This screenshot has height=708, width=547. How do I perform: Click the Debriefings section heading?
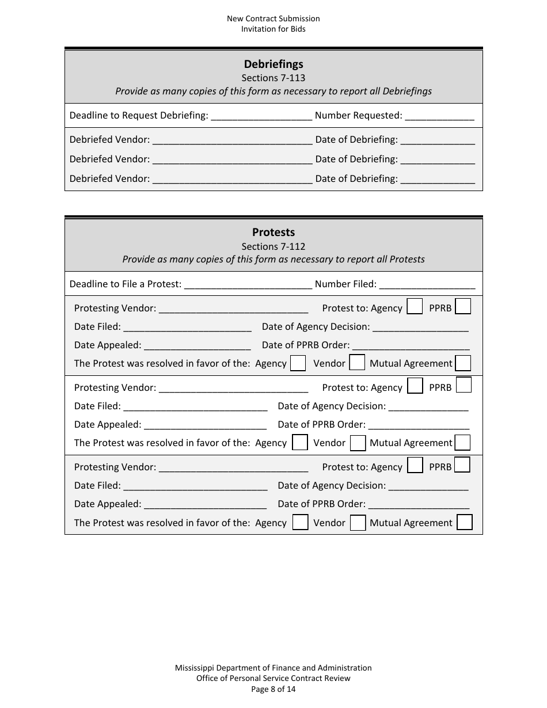273,64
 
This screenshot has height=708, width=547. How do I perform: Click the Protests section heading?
273,232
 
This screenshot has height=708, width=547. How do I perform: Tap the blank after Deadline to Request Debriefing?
261,116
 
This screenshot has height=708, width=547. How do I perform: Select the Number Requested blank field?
439,116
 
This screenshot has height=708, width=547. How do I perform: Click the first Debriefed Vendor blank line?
233,140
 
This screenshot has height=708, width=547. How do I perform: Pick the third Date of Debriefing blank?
437,179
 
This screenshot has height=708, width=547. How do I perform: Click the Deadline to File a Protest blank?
248,284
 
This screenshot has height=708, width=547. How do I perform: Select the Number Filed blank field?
427,284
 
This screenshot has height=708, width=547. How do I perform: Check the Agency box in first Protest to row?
415,307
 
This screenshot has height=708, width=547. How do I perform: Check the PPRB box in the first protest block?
463,306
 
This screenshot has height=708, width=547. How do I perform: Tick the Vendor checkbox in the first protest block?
357,363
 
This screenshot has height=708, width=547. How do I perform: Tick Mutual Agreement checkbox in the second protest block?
462,442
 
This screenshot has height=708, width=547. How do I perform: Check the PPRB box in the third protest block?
462,465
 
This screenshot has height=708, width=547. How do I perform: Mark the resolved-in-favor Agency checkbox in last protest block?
300,522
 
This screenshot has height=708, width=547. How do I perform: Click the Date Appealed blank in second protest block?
205,425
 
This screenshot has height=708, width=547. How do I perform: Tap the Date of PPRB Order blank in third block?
419,505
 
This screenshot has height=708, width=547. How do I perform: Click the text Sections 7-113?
273,78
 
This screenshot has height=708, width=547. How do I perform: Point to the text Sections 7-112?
273,246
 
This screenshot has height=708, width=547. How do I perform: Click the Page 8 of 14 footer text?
273,689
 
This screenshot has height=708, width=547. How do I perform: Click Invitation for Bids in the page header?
273,29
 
